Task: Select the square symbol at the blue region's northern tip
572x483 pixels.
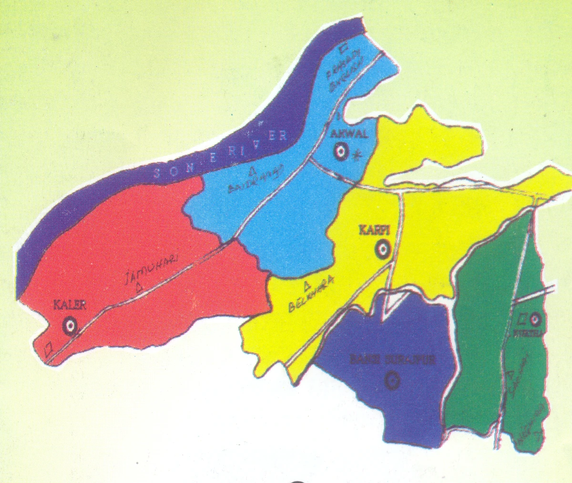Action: (342, 49)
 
